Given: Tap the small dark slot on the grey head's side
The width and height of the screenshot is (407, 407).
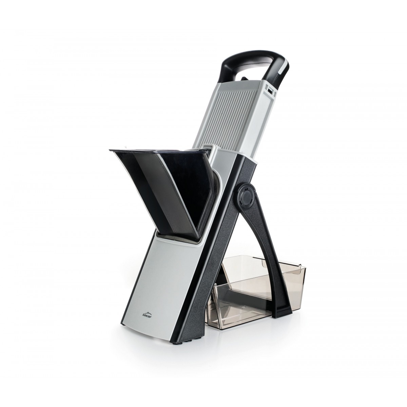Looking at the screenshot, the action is tap(270, 91).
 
